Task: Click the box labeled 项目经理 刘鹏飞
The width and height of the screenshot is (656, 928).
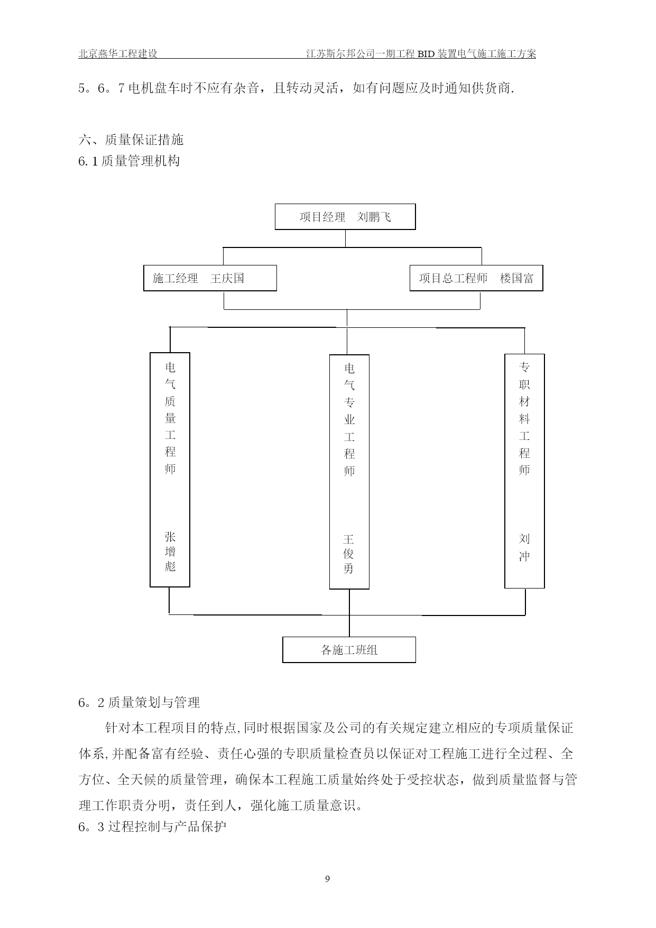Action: point(345,217)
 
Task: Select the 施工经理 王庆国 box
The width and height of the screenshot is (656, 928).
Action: point(210,278)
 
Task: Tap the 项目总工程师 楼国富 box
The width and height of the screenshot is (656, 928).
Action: point(476,278)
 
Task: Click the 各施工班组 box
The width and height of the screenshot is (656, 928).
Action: point(349,650)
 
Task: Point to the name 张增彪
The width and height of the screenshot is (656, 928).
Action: point(170,552)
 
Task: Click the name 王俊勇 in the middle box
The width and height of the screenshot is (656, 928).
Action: point(349,554)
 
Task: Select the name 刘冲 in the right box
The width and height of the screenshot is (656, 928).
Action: point(524,547)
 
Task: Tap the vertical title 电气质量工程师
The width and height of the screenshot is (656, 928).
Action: point(170,418)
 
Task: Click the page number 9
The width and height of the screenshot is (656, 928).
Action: point(327,879)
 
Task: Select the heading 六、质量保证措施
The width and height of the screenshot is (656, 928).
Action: point(131,140)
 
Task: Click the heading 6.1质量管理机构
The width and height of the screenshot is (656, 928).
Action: point(130,161)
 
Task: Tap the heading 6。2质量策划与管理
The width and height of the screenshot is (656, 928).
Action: point(140,702)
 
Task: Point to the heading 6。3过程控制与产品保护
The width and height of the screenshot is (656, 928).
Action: point(152,826)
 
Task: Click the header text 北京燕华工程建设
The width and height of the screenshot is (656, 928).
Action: point(118,53)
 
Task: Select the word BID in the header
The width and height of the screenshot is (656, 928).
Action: point(426,54)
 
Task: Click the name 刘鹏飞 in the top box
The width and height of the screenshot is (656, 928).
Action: point(374,217)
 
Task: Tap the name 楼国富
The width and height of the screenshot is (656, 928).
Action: point(517,278)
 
